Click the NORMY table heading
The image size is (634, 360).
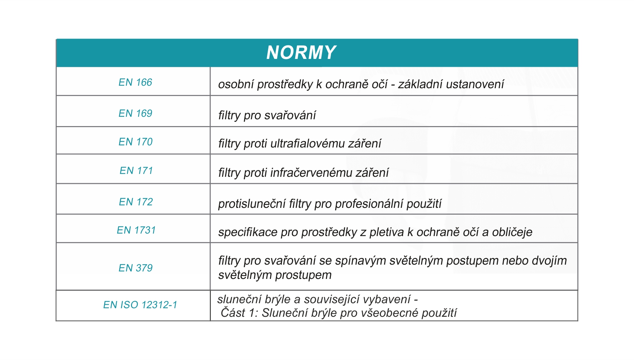pyautogui.click(x=301, y=52)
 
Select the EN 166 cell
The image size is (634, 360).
pyautogui.click(x=135, y=82)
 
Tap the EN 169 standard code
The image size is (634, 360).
pyautogui.click(x=135, y=114)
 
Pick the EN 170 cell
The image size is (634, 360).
pyautogui.click(x=135, y=142)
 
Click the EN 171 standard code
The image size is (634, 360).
pyautogui.click(x=136, y=171)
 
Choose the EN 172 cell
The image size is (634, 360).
pyautogui.click(x=136, y=202)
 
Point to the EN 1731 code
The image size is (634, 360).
pyautogui.click(x=136, y=230)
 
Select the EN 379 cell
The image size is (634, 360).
pyautogui.click(x=135, y=268)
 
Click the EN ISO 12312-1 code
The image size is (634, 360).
pyautogui.click(x=140, y=305)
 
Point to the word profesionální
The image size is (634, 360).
pyautogui.click(x=369, y=204)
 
